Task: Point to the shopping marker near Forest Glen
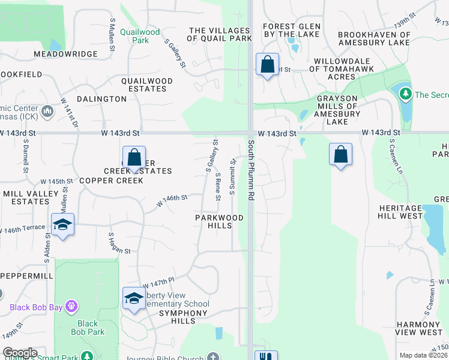pos(267,64)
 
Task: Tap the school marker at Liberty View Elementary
pos(134,298)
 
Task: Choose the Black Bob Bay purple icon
pos(71,307)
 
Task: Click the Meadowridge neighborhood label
pos(65,54)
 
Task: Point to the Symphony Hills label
pos(182,313)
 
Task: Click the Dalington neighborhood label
pos(101,98)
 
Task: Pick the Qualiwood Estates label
pos(147,85)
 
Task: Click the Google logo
pos(19,353)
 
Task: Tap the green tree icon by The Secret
pos(406,94)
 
